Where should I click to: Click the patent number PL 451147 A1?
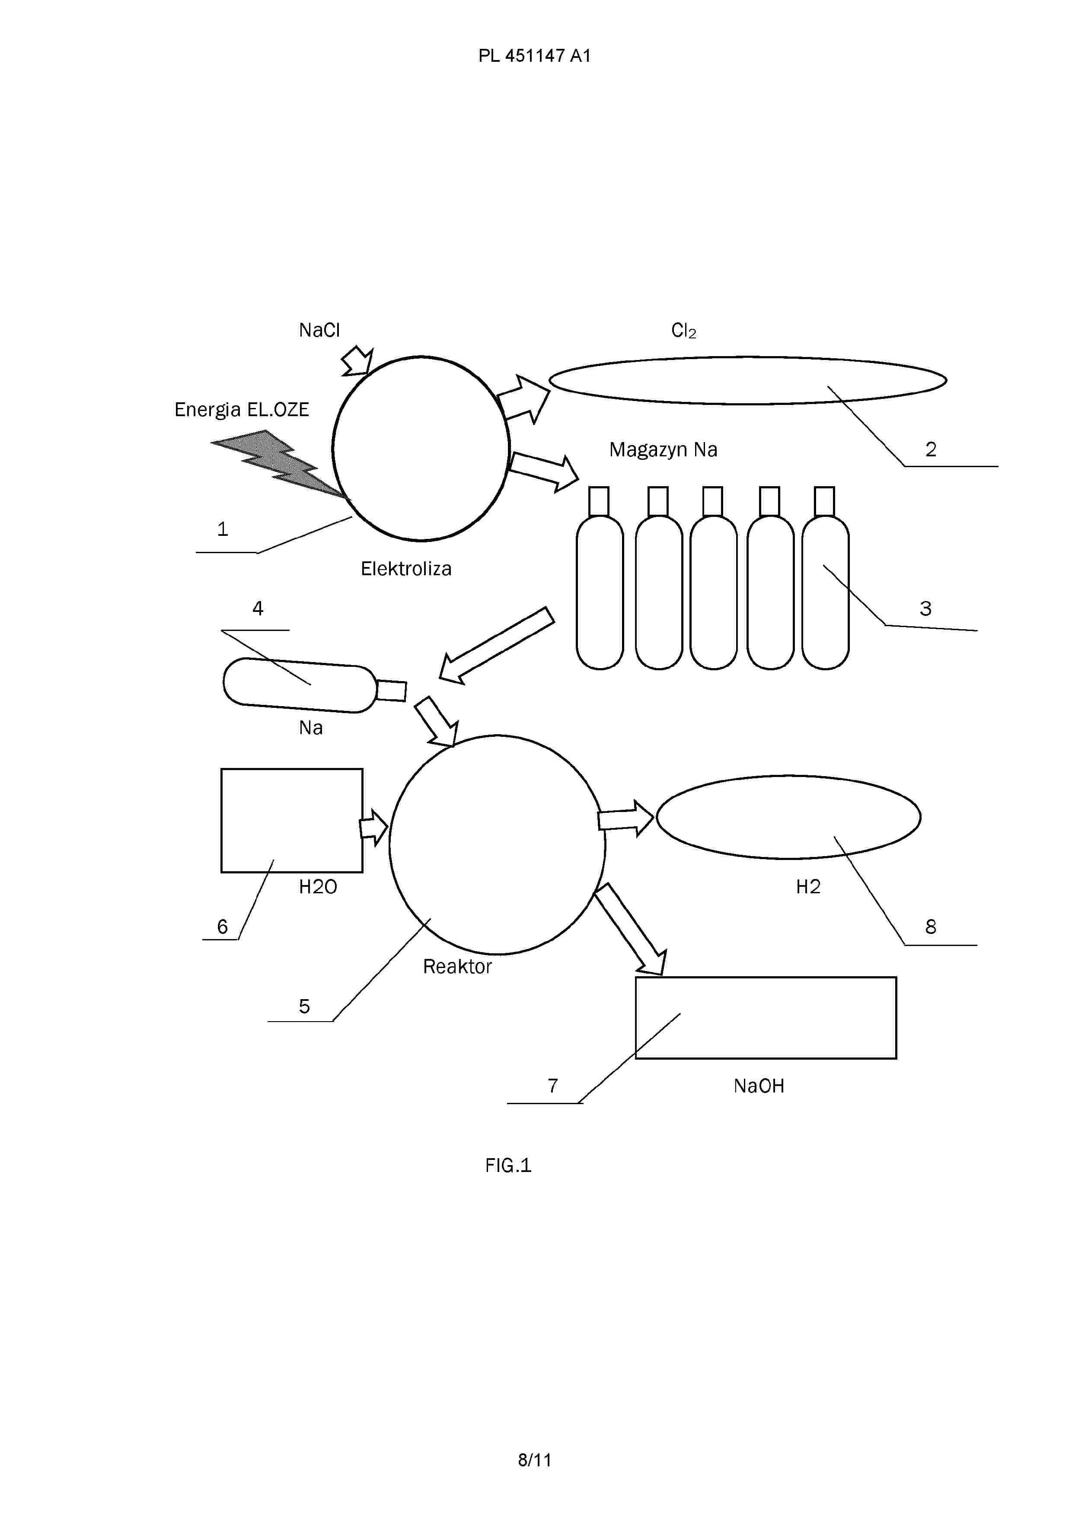(x=534, y=56)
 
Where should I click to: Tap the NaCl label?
(x=319, y=330)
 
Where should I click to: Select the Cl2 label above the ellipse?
(x=684, y=331)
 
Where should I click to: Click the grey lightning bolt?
(x=278, y=464)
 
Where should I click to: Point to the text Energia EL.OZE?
(x=242, y=410)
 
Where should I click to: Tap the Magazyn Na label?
(x=663, y=449)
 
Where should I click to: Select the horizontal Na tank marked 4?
(x=314, y=685)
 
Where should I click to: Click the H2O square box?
(x=292, y=820)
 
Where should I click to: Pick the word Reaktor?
(x=457, y=967)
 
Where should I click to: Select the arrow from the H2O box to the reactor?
(x=373, y=827)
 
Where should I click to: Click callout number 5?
(x=304, y=1006)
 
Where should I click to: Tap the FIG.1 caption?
(x=508, y=1166)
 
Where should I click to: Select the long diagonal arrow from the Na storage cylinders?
(x=497, y=645)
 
